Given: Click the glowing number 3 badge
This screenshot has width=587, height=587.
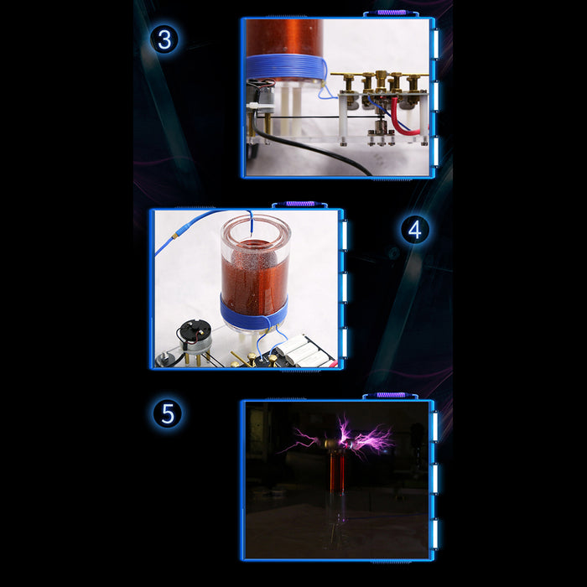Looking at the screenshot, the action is [164, 39].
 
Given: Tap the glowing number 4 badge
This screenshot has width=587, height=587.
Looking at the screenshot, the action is [415, 230].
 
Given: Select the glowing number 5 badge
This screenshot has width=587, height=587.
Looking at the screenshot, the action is [168, 413].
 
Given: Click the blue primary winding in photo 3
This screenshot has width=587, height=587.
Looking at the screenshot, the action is [286, 66].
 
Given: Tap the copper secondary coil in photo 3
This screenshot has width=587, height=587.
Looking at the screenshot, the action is [283, 38].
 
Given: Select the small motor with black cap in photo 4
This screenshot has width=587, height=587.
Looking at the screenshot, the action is [195, 337].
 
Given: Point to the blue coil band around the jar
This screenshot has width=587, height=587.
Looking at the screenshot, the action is [254, 314].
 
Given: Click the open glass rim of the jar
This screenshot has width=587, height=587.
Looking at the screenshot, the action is [256, 228].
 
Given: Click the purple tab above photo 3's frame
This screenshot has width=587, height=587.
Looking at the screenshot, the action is [391, 13].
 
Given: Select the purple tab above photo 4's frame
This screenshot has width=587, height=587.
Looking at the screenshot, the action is [300, 204].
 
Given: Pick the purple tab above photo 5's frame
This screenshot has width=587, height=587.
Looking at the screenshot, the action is [391, 395].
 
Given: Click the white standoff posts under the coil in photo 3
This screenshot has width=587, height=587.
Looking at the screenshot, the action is [290, 108].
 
